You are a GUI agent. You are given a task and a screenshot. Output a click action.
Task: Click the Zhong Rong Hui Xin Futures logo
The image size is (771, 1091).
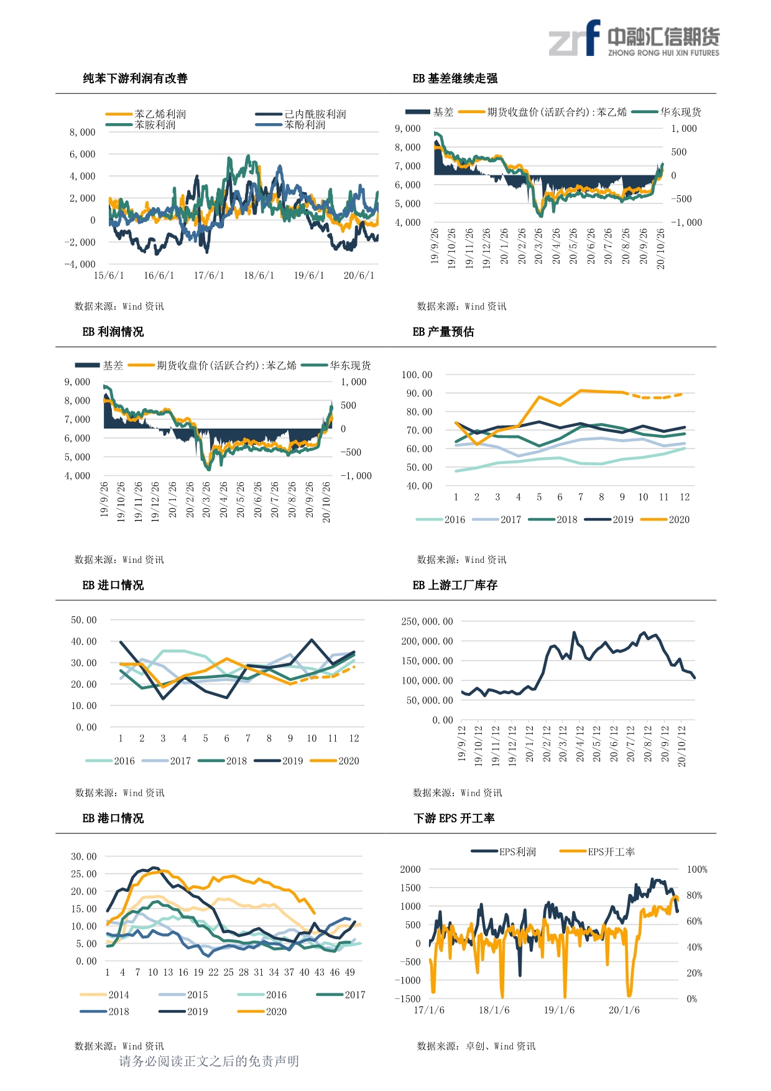(x=634, y=38)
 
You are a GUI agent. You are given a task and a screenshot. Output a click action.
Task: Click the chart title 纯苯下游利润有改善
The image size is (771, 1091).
(x=136, y=78)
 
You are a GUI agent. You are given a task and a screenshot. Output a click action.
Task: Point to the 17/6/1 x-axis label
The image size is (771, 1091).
(x=209, y=276)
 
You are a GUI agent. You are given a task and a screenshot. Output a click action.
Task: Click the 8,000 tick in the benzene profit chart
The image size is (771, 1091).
(x=83, y=132)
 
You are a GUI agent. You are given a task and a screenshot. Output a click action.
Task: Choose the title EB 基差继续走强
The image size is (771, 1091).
(x=455, y=78)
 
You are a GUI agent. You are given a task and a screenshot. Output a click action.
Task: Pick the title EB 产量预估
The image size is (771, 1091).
(x=443, y=332)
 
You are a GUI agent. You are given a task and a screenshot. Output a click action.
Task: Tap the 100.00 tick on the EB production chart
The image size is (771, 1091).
(x=417, y=375)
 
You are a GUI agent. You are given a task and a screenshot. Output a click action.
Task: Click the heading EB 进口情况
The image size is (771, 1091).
(x=113, y=585)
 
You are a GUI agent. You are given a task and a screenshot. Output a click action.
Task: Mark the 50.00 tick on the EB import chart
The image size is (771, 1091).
(x=84, y=620)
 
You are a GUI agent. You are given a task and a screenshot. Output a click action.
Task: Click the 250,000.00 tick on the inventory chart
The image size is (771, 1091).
(x=427, y=621)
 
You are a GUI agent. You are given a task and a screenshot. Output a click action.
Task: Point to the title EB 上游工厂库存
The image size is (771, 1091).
(x=455, y=585)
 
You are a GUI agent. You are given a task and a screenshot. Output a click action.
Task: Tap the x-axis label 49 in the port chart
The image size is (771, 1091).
(x=350, y=972)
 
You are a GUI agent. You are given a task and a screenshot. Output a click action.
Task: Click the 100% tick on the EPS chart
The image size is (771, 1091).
(x=697, y=870)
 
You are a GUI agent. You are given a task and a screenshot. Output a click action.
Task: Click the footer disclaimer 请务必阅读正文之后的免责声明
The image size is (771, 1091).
(x=209, y=1061)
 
